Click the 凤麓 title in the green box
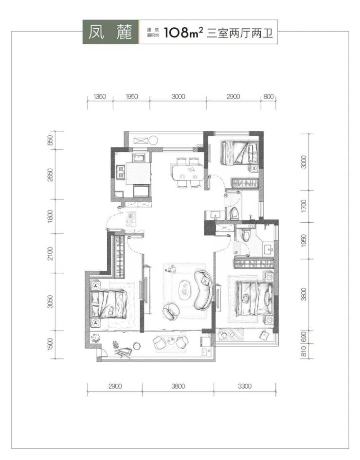110,32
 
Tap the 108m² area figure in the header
184,32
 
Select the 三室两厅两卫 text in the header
240,33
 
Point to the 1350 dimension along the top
100,96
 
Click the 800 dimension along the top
269,96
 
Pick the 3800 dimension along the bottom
178,386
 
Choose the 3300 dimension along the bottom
245,386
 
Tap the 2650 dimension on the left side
50,175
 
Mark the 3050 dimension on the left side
50,301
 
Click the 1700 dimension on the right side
304,206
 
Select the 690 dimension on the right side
304,336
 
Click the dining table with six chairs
188,173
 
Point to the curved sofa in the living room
204,290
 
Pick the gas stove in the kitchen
121,173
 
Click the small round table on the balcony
137,346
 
